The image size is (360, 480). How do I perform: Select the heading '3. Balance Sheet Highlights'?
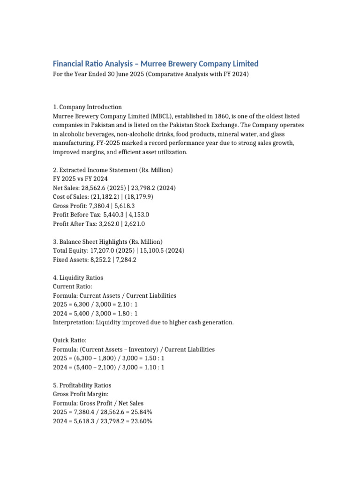[107, 241]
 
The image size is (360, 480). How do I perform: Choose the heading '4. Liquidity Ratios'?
[78, 277]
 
